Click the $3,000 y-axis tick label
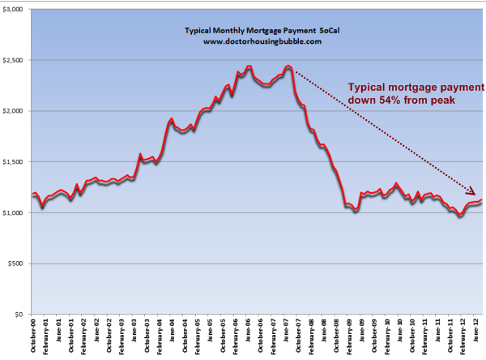[x=13, y=9]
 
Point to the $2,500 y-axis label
[x=13, y=60]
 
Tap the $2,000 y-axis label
[x=13, y=111]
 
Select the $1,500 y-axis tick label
[x=13, y=161]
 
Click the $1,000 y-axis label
[x=13, y=212]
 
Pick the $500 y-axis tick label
[x=16, y=264]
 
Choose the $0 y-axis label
[x=19, y=314]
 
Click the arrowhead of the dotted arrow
[x=474, y=192]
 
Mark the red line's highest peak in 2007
[x=288, y=66]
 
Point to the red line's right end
[x=483, y=200]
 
